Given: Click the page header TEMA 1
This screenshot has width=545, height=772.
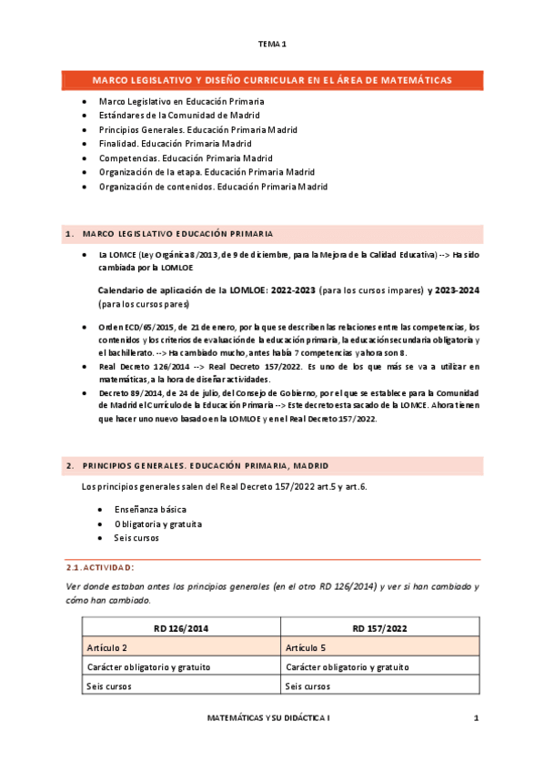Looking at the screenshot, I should pos(272,44).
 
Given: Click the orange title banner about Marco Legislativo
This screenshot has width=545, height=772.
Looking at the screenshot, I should pos(272,80).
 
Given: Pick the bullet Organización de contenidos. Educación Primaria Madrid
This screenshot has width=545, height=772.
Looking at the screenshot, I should pos(213,187).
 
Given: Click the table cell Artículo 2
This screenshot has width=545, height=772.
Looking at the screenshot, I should pos(108,646).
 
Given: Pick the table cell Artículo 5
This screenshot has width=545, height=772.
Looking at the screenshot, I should pos(307,646).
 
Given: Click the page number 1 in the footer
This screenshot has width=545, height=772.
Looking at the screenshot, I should pos(476,718).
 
